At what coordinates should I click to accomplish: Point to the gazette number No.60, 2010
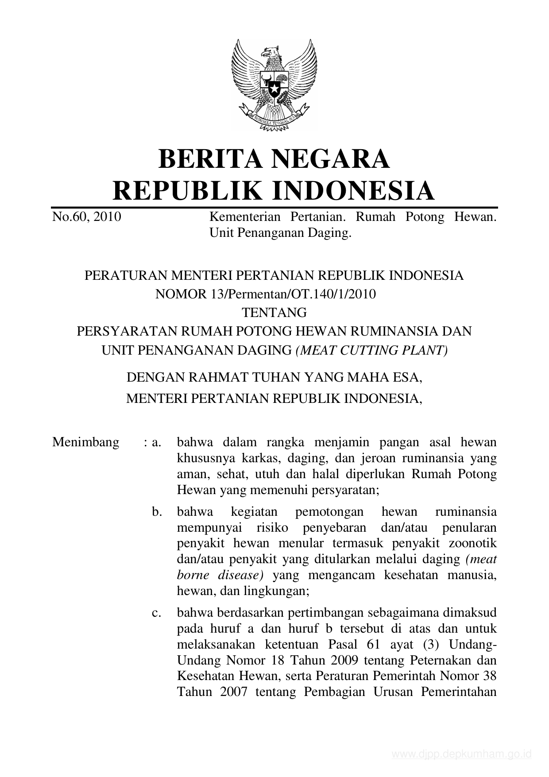coord(87,217)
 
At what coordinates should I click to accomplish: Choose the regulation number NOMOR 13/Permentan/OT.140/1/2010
coord(266,294)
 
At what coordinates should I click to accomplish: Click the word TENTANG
coord(274,313)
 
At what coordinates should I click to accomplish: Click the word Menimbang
coord(85,442)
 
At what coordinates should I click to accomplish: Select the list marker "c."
coord(155,613)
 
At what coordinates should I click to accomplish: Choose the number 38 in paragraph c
coord(488,676)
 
